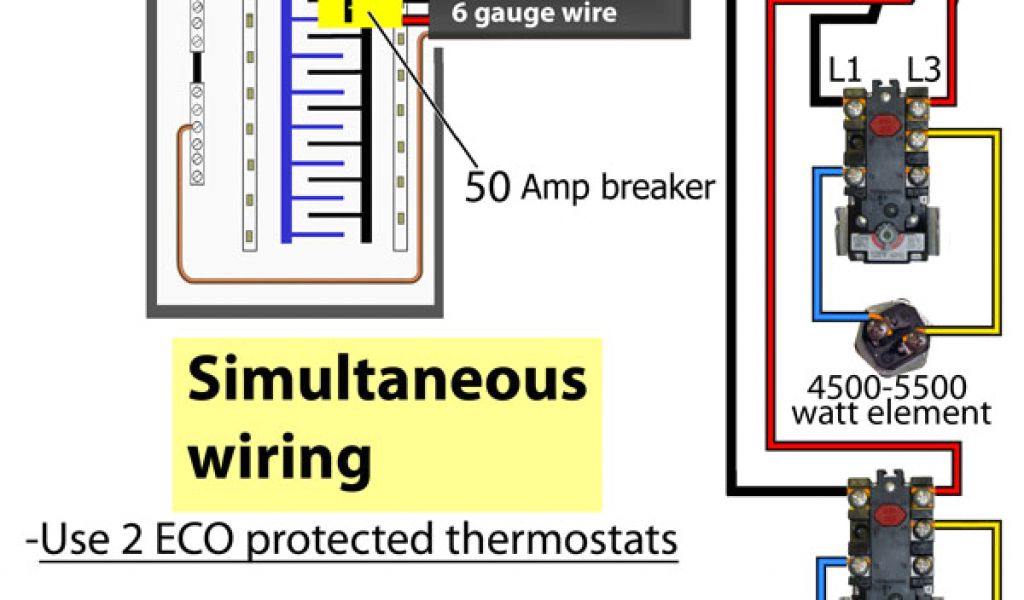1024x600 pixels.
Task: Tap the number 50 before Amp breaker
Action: click(x=487, y=186)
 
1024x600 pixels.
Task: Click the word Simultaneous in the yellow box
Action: click(x=387, y=380)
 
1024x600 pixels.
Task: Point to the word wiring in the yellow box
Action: click(x=280, y=458)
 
